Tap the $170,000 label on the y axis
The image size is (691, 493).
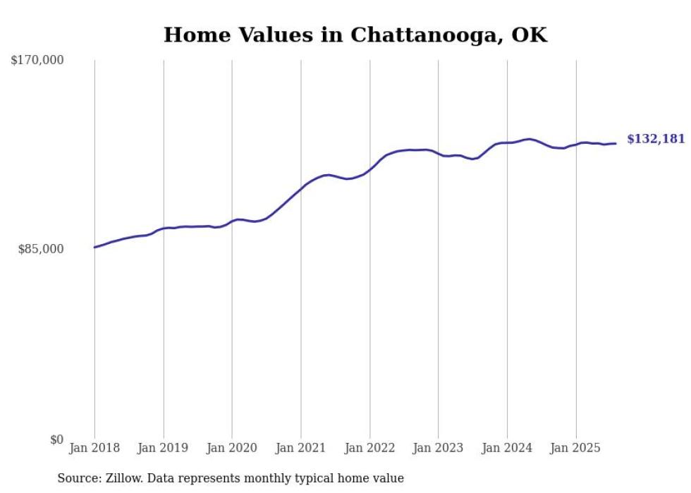click(x=37, y=61)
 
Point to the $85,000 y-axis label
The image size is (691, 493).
click(x=41, y=249)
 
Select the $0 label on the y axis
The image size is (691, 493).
click(x=56, y=439)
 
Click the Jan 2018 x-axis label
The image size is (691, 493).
click(x=94, y=448)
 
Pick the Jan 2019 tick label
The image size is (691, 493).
click(x=164, y=448)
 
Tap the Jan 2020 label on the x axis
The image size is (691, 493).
click(x=232, y=448)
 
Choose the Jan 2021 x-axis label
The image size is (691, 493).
click(x=301, y=448)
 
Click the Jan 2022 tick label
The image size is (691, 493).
click(x=369, y=448)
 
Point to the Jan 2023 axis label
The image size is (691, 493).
click(x=438, y=448)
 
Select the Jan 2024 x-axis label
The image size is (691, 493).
click(x=507, y=448)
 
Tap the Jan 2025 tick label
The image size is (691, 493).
click(x=575, y=448)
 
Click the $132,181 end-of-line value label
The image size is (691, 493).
click(x=656, y=139)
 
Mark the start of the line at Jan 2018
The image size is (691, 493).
click(x=94, y=247)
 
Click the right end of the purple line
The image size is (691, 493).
click(x=616, y=143)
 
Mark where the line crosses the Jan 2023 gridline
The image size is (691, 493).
click(x=438, y=153)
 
